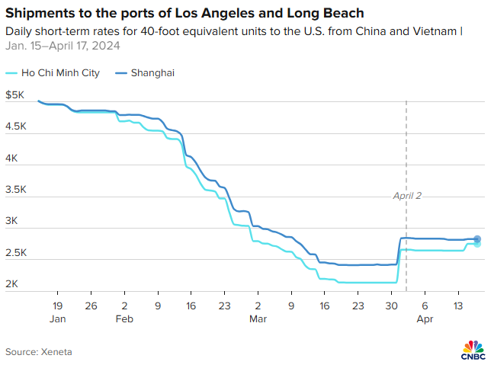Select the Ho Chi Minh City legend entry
coord(57,73)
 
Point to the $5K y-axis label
coord(15,96)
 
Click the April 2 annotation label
coord(407,196)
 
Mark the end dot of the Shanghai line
coord(477,239)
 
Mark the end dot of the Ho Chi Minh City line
coord(477,244)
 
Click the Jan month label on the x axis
coord(57,320)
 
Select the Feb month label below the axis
coord(124,320)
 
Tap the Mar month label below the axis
coord(258,320)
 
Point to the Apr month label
coord(425,320)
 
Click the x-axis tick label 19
coord(57,306)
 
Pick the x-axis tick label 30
coord(391,306)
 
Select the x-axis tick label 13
coord(458,306)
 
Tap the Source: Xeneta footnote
coord(39,351)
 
